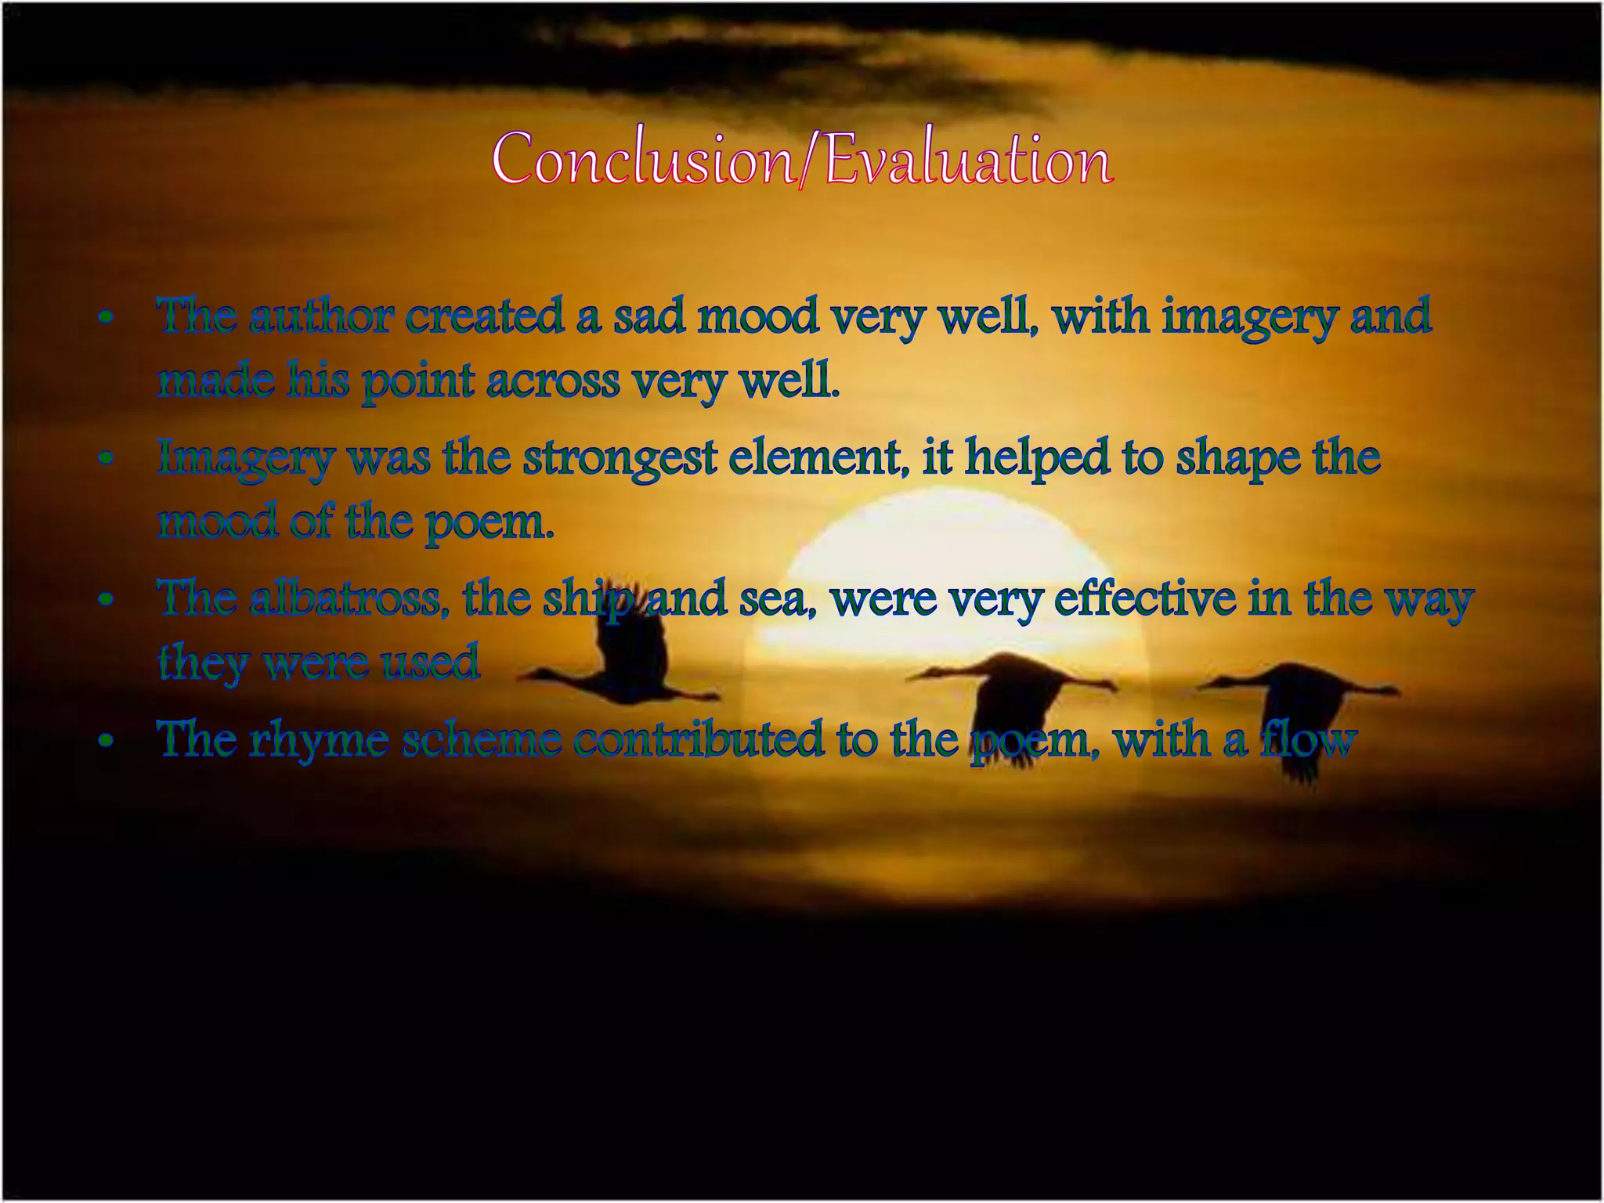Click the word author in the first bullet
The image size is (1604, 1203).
pos(321,317)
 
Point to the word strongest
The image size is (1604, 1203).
pos(620,458)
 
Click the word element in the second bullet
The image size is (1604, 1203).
pos(814,458)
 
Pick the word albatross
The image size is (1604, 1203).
pos(345,599)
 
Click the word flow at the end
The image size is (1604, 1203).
pos(1308,740)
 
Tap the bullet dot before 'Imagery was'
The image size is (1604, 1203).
pos(107,460)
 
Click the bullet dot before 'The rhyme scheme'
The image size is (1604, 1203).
pos(107,742)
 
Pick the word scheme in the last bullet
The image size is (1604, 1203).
pos(482,740)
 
